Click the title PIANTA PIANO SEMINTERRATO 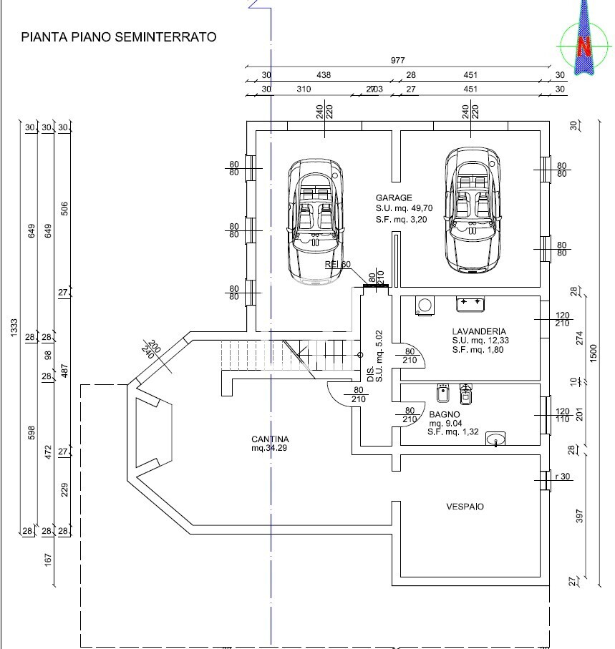point(119,36)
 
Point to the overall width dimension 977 point(397,61)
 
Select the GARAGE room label point(394,197)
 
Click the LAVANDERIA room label point(479,331)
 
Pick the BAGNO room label point(444,414)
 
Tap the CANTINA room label point(270,439)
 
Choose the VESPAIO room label point(465,507)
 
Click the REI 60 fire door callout point(338,265)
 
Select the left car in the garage point(315,221)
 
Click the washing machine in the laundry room point(425,306)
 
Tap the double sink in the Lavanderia point(470,304)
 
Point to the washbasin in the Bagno point(495,438)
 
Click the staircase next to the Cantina point(286,356)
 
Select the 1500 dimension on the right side point(592,352)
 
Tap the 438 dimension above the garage point(323,75)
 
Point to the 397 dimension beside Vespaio point(580,516)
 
